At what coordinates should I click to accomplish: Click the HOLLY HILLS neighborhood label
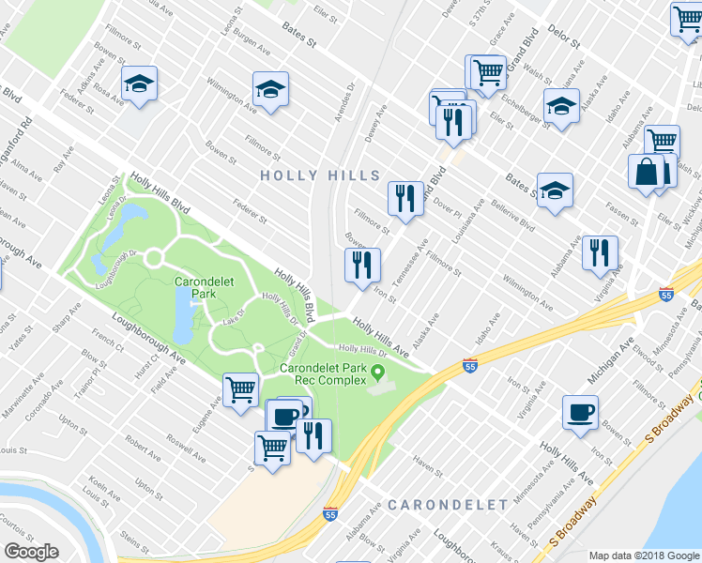[320, 175]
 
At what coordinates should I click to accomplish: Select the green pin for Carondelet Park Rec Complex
[379, 373]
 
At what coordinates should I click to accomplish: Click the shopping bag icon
[647, 173]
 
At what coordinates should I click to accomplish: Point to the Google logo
[32, 552]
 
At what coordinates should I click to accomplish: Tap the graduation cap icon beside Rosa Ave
[139, 85]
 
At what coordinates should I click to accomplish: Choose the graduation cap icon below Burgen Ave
[270, 90]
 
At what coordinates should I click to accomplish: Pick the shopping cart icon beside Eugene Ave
[241, 388]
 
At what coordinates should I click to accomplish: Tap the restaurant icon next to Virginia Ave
[599, 252]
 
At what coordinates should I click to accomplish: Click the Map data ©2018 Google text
[644, 555]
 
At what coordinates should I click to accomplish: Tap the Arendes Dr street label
[350, 99]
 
